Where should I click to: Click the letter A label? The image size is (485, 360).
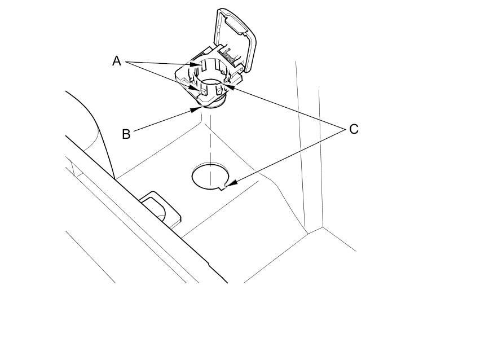[x=116, y=61]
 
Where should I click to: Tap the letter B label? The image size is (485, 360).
[x=126, y=134]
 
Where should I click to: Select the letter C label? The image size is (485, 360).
[x=354, y=129]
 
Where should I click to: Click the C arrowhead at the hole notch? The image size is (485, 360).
[x=227, y=185]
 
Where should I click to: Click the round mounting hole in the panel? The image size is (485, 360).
[x=210, y=176]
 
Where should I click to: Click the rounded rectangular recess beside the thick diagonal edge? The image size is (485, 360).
[x=162, y=209]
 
